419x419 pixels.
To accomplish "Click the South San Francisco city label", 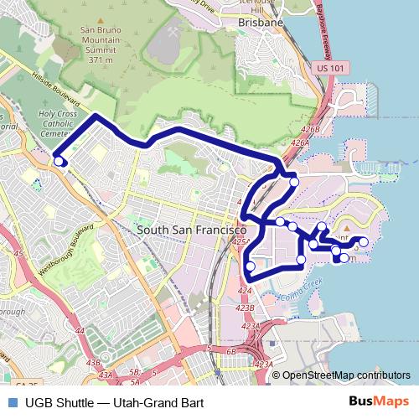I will pos(191,229).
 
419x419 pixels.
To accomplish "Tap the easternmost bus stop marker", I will pos(363,244).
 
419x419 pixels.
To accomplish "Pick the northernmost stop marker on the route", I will pos(293,181).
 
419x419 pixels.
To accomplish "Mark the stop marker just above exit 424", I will pos(250,266).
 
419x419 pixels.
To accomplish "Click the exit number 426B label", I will pos(312,129).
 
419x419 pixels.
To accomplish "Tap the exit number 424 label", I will pos(244,291).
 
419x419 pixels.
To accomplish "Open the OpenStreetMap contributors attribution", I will pos(346,375).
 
